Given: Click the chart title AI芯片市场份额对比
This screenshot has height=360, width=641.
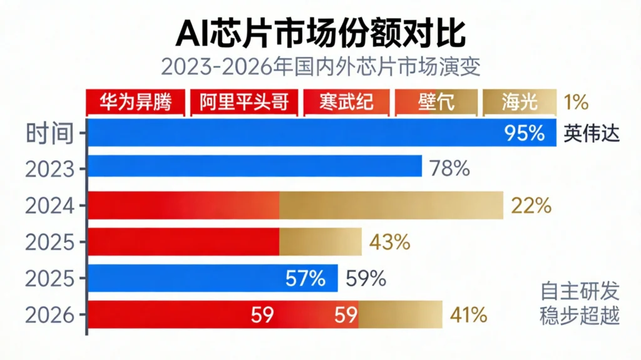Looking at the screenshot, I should (320, 32).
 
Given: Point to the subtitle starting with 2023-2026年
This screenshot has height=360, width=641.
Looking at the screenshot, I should (320, 67).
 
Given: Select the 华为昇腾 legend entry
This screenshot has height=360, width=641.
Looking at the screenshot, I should (135, 102).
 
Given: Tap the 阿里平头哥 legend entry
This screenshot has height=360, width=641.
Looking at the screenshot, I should (245, 102).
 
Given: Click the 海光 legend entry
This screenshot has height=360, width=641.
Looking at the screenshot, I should (518, 102).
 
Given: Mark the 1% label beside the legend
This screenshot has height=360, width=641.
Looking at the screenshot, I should (576, 102).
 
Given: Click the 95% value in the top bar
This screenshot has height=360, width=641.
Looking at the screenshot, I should (525, 133).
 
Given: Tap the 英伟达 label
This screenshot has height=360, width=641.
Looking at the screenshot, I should (592, 133).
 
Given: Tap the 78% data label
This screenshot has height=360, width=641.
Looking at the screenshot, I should (449, 168).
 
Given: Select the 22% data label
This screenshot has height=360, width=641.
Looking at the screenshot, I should (531, 205).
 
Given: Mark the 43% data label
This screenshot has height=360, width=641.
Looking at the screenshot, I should (389, 242).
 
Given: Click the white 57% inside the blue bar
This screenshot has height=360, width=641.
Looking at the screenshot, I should (305, 279).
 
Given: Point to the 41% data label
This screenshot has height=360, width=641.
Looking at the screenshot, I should (466, 315).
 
